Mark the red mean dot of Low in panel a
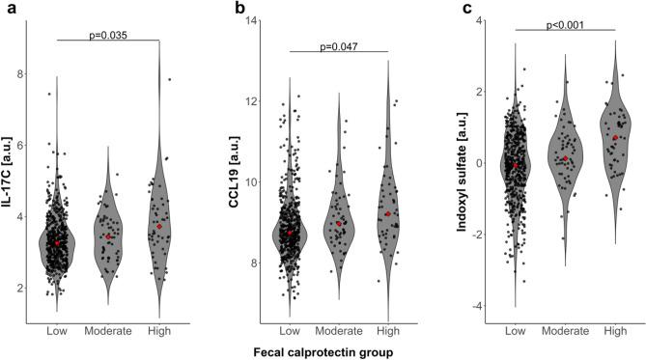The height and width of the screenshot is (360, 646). coord(59,243)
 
